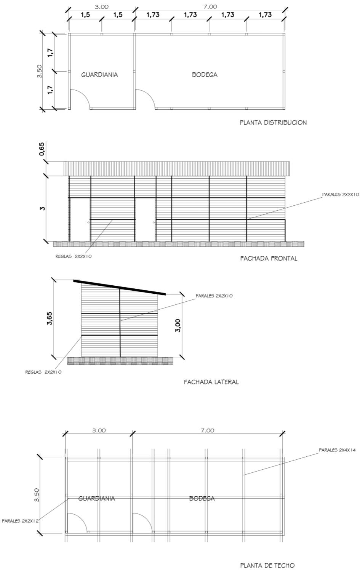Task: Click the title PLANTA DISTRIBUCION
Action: (x=273, y=123)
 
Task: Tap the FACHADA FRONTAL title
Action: (x=269, y=258)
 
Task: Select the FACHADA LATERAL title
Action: (x=211, y=382)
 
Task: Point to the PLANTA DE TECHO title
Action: (x=267, y=566)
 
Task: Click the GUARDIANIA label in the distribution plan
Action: (x=99, y=75)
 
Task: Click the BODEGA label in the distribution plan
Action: (x=205, y=75)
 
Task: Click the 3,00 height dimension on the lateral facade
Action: (x=178, y=326)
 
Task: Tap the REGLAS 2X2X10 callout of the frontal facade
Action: (x=74, y=256)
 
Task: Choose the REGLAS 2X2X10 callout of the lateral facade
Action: (x=43, y=372)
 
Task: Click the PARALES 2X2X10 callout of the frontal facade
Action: (x=341, y=194)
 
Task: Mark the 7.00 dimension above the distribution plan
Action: (x=210, y=6)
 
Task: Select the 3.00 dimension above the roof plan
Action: (x=99, y=430)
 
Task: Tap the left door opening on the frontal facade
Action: (x=80, y=219)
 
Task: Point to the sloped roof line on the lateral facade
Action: (x=120, y=287)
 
